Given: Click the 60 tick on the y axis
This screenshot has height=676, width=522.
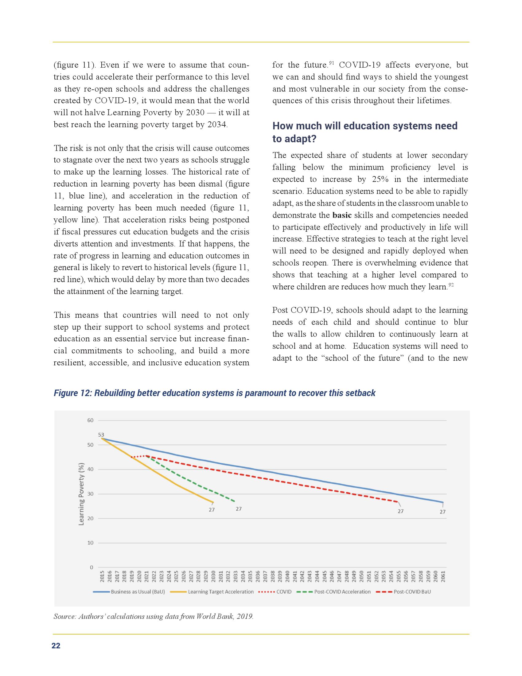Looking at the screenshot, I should point(90,420).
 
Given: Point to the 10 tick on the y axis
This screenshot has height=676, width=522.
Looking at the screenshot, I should point(90,543).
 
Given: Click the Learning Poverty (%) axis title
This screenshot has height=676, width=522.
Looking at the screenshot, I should point(82,494).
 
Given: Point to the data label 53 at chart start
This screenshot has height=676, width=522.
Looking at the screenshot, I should point(101,435).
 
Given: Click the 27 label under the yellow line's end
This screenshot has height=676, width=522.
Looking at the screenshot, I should point(212,510).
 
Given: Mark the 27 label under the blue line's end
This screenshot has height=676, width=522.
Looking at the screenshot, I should point(442,512).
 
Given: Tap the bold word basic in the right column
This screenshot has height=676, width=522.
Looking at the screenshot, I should point(342,215).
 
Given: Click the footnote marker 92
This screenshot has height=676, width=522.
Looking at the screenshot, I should point(451,285).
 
